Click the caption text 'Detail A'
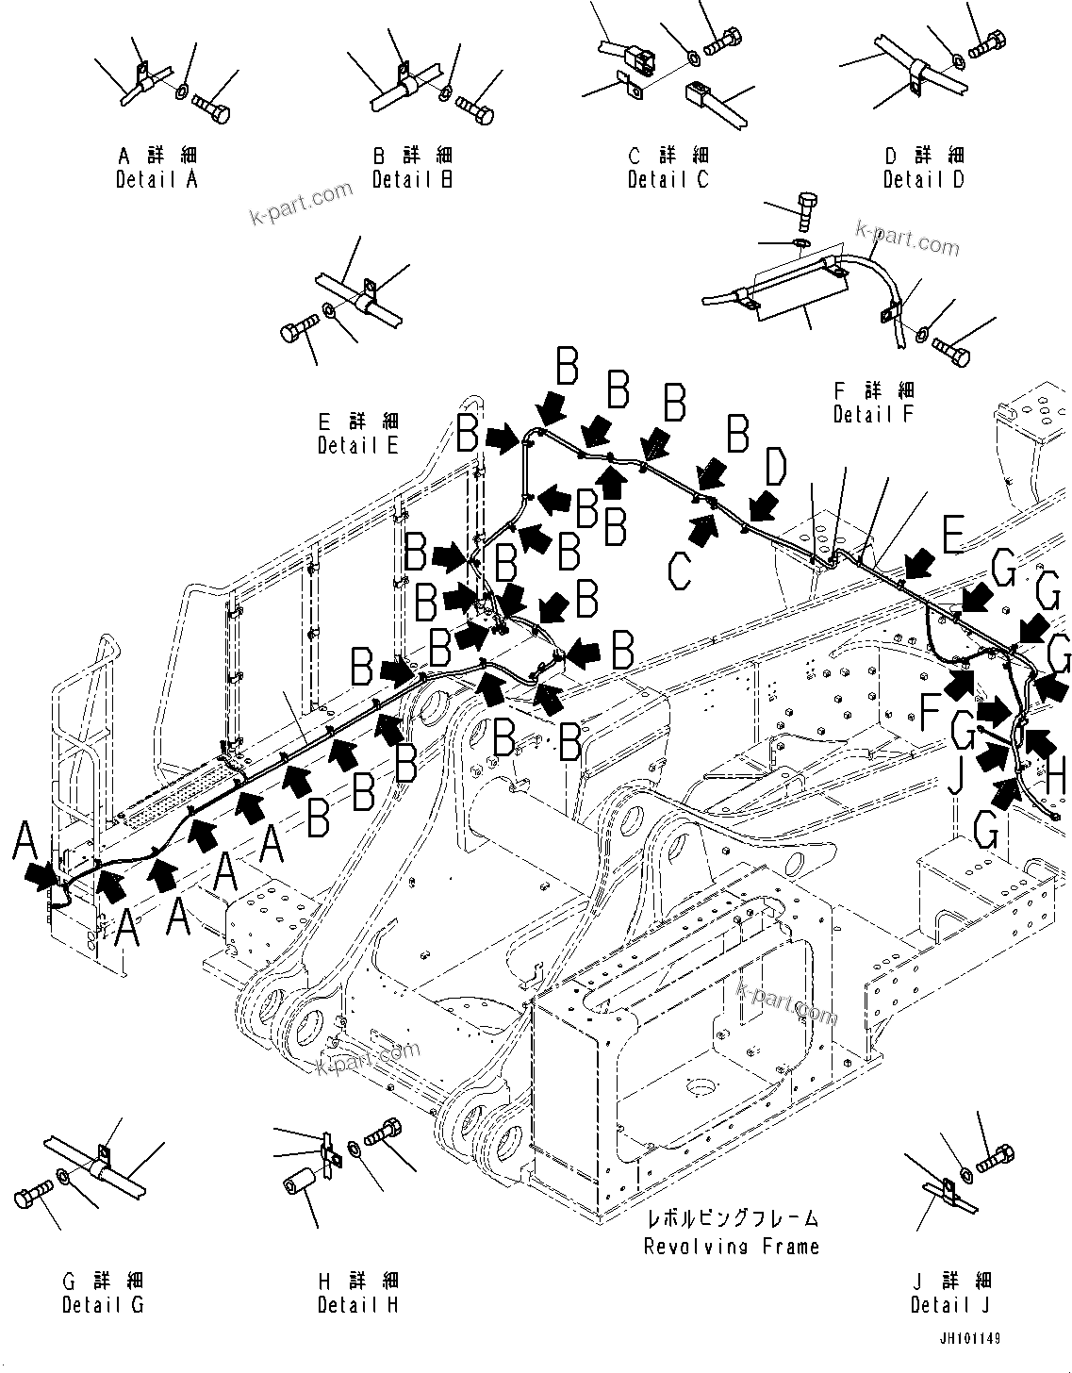pos(157,179)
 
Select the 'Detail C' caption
pos(668,179)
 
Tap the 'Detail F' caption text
pos(873,414)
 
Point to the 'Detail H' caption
pos(357,1305)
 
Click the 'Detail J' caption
pos(950,1305)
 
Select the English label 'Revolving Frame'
pos(731,1247)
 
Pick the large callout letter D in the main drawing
pos(774,469)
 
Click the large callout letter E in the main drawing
pos(952,537)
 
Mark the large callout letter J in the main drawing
pos(954,778)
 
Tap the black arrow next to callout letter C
pos(702,527)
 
